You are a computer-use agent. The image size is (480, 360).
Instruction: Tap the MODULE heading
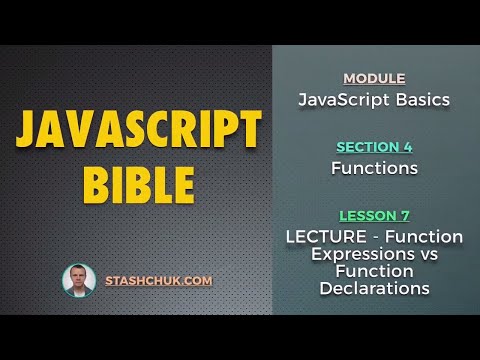coord(374,78)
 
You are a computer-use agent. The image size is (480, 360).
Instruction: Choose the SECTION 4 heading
coord(374,148)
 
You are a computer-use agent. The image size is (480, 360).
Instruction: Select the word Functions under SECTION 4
coord(374,168)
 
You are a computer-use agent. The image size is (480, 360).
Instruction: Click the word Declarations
coord(374,288)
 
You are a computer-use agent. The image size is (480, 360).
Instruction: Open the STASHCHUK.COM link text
coord(159,281)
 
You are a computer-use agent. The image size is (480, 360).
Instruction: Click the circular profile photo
coord(79,281)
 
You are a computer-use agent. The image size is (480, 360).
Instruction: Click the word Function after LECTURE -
coord(425,237)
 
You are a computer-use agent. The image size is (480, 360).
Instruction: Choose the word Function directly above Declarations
coord(374,271)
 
